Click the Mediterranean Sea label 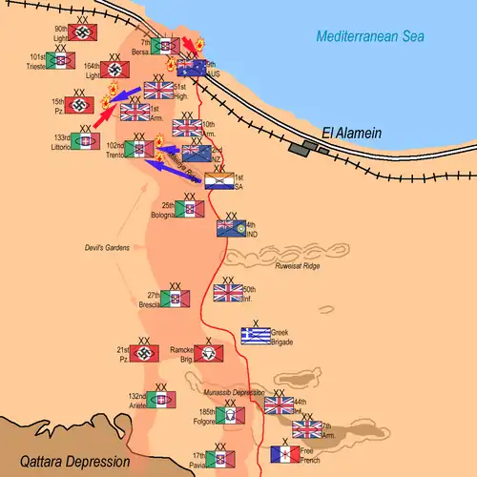click(x=370, y=36)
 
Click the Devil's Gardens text click(x=107, y=248)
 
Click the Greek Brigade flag click(x=256, y=335)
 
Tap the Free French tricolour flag click(x=285, y=454)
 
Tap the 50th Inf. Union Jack click(x=228, y=292)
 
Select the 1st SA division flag click(x=219, y=180)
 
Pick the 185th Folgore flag click(x=228, y=415)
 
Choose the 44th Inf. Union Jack click(x=280, y=405)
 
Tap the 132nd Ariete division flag click(x=161, y=400)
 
